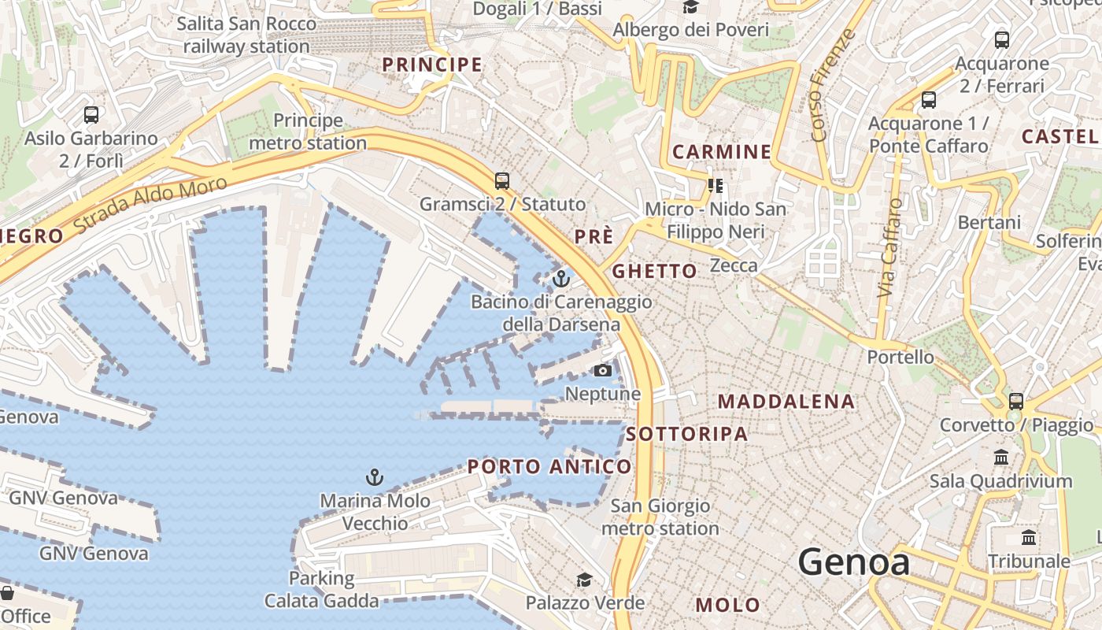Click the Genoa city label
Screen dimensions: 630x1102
(x=854, y=562)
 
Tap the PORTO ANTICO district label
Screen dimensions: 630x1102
(x=549, y=467)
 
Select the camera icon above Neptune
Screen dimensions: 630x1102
(x=603, y=370)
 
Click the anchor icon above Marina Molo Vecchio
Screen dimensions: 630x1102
(x=375, y=476)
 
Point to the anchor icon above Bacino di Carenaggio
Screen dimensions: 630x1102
(x=561, y=278)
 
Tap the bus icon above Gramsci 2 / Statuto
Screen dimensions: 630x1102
(x=502, y=180)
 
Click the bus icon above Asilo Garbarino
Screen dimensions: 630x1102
(x=91, y=115)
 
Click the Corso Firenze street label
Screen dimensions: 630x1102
(x=833, y=85)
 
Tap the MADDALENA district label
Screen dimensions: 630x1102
(x=786, y=402)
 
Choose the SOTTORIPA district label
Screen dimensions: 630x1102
(x=687, y=434)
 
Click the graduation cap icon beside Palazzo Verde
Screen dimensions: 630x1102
(x=584, y=580)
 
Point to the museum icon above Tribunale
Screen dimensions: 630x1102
(x=1028, y=538)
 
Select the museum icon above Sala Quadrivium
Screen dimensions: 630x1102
(x=1001, y=457)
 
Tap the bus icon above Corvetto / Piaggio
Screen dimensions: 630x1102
(x=1016, y=401)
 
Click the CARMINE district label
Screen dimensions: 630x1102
(x=721, y=152)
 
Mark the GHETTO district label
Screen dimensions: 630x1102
(x=654, y=272)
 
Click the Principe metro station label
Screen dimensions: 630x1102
(x=308, y=132)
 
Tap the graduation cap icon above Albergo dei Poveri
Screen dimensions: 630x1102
(x=691, y=8)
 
